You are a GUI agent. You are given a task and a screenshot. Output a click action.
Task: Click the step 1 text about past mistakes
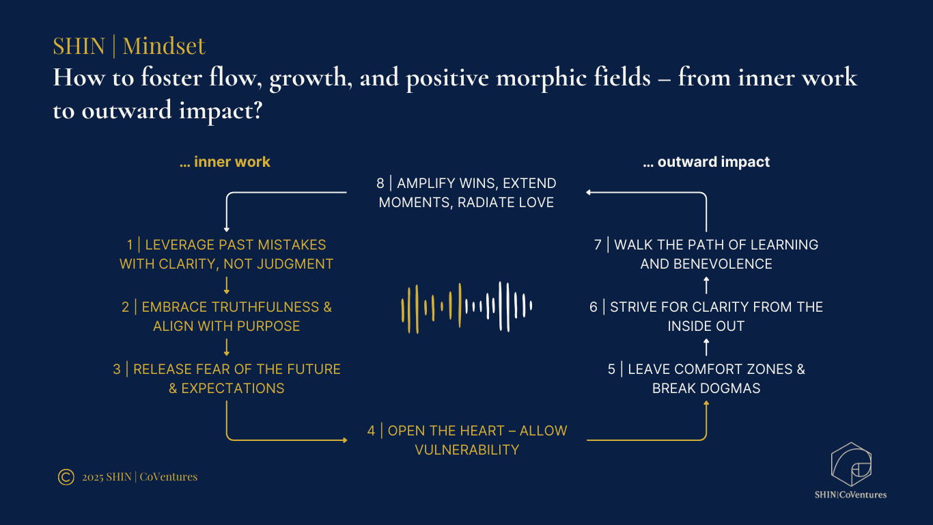[226, 254]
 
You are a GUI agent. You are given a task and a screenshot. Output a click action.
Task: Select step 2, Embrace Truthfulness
[226, 317]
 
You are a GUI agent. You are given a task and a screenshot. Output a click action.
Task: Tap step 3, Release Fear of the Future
[226, 379]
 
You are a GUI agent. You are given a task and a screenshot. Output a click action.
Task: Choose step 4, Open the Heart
[466, 440]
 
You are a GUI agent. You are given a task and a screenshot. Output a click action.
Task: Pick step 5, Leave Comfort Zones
[706, 379]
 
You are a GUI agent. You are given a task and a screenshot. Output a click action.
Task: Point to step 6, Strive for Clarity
[706, 317]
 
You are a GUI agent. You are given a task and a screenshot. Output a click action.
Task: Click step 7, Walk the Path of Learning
[706, 254]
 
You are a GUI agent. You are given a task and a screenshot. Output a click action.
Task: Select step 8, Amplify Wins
[466, 193]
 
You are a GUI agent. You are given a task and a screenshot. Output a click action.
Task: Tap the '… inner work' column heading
[225, 162]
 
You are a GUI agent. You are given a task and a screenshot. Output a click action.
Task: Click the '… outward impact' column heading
[706, 162]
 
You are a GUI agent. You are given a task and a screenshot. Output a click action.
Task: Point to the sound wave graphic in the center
[466, 307]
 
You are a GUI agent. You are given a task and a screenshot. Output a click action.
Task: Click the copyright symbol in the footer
[66, 477]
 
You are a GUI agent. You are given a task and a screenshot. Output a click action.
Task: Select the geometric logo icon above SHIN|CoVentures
[850, 465]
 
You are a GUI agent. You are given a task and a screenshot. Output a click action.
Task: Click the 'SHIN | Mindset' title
[129, 46]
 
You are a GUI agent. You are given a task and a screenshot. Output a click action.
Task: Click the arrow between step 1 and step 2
[226, 285]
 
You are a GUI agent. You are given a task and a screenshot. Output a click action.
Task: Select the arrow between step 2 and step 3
[226, 347]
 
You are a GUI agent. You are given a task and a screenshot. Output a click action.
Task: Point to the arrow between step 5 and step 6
[706, 347]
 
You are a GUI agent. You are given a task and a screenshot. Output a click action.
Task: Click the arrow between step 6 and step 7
[706, 285]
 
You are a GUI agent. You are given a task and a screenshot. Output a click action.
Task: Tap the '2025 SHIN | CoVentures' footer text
[139, 477]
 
